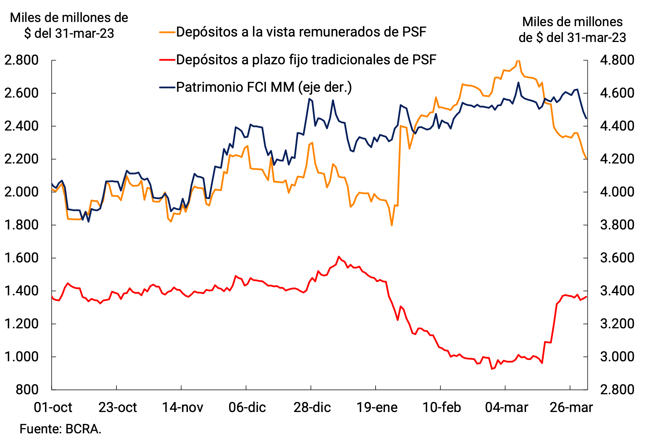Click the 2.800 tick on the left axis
point(21,60)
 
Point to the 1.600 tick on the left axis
point(21,258)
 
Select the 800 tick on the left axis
point(27,389)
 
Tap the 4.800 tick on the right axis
point(617,60)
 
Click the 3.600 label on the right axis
point(617,258)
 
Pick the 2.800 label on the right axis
point(617,389)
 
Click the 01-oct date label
point(53,407)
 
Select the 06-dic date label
point(247,407)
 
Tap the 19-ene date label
point(377,407)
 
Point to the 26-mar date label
point(571,407)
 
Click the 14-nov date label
point(182,407)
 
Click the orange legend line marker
point(167,32)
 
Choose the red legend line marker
point(167,60)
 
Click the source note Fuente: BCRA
point(60,429)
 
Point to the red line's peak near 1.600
point(339,257)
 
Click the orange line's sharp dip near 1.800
point(392,225)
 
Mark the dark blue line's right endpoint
point(587,119)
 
